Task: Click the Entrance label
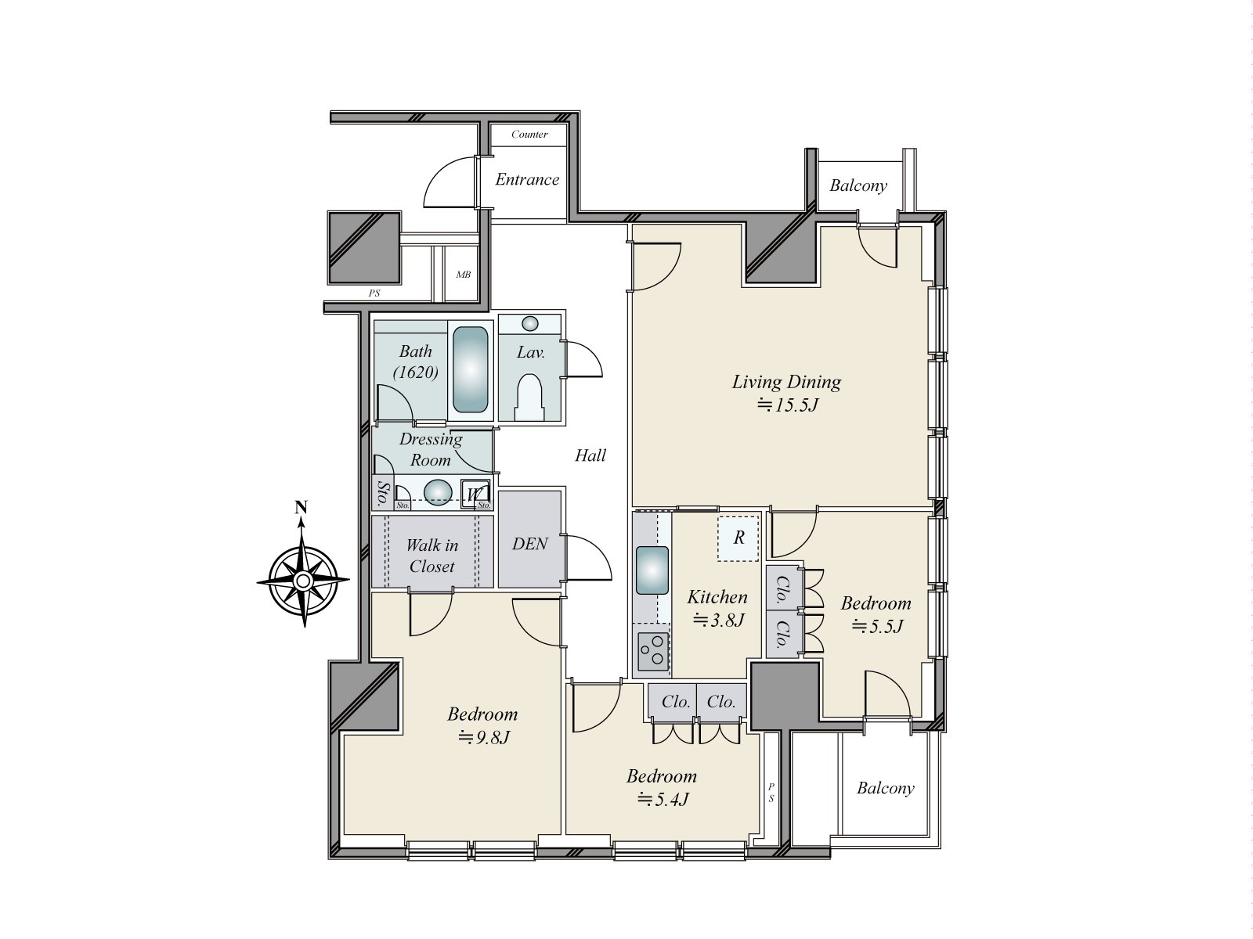527,180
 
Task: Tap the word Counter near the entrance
529,135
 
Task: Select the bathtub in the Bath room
471,369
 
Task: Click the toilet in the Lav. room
529,398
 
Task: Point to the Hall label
590,455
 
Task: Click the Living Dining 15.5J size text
788,405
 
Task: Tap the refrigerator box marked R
738,538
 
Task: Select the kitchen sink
652,570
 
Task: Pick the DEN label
529,544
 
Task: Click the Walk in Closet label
432,556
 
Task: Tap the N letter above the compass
301,506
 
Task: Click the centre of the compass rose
303,581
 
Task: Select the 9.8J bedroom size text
483,738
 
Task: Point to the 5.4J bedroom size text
663,799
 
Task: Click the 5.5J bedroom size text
877,627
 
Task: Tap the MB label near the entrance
463,275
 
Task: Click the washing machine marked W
475,494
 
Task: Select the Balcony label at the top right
858,186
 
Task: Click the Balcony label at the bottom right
886,789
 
